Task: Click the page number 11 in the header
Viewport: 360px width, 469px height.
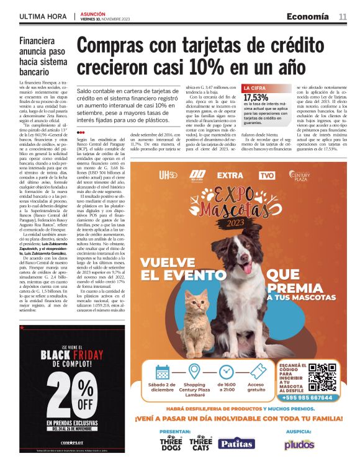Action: coord(343,17)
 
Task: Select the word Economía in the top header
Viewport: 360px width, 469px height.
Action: coord(308,17)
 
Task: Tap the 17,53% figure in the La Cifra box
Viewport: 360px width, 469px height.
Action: coord(256,97)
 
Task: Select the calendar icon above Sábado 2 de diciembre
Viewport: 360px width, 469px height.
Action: coord(163,372)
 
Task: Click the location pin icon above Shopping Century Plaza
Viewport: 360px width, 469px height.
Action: coord(194,372)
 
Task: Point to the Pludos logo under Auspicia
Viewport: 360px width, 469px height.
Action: coord(299,444)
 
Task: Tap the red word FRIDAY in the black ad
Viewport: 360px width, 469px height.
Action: coord(101,355)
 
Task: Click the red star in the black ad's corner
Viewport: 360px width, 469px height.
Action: coord(22,328)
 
